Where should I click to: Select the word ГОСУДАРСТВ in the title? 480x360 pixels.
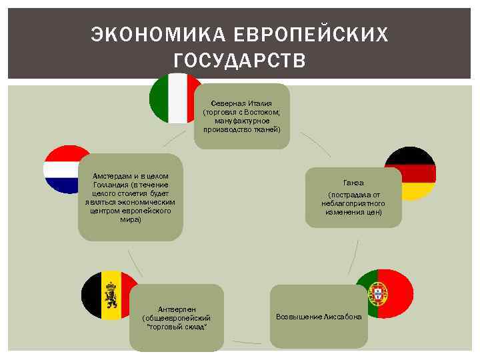point(239,61)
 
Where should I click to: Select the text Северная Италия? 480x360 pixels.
point(241,104)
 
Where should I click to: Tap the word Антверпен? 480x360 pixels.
point(177,309)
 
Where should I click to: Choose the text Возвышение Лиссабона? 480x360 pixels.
point(319,317)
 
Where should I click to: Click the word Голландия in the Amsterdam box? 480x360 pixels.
point(111,185)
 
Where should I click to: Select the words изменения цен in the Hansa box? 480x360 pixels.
point(353,212)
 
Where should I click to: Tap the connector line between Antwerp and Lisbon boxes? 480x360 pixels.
point(247,342)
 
